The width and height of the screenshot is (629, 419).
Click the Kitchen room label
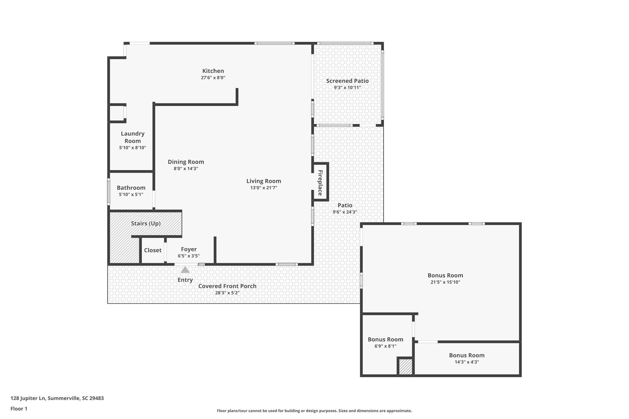click(x=213, y=71)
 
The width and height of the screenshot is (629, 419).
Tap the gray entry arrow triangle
click(x=185, y=270)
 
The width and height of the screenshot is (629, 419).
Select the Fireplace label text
click(x=320, y=183)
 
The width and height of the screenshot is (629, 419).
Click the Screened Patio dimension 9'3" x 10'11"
click(x=347, y=87)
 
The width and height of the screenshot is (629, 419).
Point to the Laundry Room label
click(x=132, y=137)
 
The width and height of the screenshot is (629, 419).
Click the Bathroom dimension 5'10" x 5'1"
click(x=131, y=194)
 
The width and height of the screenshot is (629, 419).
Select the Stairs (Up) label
click(x=146, y=223)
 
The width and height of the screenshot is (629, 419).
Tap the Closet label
click(x=153, y=250)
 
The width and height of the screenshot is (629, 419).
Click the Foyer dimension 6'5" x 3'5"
click(x=189, y=256)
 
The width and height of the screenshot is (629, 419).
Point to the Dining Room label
click(x=186, y=162)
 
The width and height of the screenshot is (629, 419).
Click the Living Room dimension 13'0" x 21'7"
click(x=264, y=188)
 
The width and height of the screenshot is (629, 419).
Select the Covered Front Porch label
click(x=227, y=286)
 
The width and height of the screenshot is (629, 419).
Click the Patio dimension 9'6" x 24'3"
click(x=345, y=212)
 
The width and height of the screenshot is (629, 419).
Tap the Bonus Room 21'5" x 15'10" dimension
click(x=445, y=282)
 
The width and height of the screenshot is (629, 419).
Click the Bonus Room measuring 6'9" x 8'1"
click(x=385, y=339)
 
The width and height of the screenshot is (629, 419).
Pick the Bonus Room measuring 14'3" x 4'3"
click(x=467, y=355)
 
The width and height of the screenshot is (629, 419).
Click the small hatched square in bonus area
click(x=405, y=367)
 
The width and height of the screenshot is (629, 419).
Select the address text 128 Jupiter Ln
click(x=57, y=398)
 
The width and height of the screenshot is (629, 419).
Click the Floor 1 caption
click(x=19, y=409)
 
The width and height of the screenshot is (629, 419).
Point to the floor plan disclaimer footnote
click(x=314, y=411)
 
